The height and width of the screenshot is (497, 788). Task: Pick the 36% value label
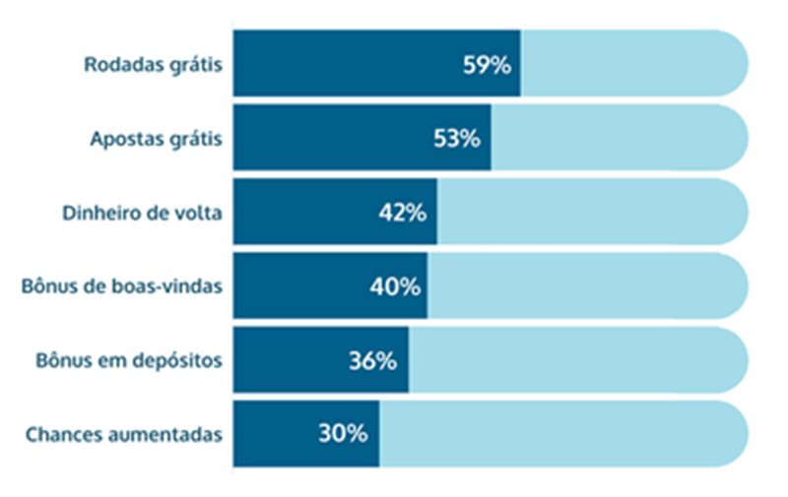coord(372,360)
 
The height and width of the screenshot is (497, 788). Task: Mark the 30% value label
coord(344,434)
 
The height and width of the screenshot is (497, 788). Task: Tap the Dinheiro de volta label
coord(142,213)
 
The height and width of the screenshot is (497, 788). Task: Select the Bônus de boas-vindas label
coord(121,286)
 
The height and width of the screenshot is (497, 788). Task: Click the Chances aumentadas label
coord(123,434)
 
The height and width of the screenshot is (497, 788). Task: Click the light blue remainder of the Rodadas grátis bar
coord(630,65)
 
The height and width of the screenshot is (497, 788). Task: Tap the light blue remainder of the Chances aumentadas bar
coord(561,434)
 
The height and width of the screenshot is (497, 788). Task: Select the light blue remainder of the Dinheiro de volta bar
coord(591,213)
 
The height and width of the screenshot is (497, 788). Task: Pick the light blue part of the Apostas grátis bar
coord(616,139)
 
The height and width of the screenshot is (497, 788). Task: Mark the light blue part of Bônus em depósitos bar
coord(576,360)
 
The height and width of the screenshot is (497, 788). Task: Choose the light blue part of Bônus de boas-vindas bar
coord(586,286)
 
